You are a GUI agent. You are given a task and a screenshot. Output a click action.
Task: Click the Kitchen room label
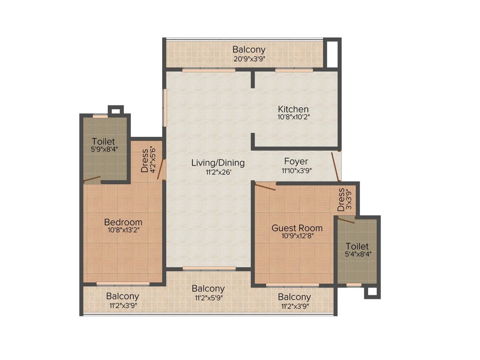(x=293, y=109)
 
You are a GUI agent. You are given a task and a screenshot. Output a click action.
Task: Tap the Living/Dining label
(x=218, y=163)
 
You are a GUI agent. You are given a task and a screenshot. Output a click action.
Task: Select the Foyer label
(x=296, y=161)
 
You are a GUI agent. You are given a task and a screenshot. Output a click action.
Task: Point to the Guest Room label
(x=297, y=228)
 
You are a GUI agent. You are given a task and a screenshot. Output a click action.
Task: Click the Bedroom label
(x=123, y=222)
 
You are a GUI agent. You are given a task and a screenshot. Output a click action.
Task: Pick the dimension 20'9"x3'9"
(x=249, y=58)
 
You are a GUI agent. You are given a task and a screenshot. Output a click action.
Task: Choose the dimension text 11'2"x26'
(x=218, y=172)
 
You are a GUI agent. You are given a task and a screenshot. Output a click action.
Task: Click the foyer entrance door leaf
(x=336, y=167)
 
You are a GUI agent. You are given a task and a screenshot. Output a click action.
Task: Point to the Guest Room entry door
(x=265, y=187)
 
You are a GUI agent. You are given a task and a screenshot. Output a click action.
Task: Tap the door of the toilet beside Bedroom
(x=92, y=179)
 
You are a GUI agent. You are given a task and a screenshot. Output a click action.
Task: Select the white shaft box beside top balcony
(x=332, y=53)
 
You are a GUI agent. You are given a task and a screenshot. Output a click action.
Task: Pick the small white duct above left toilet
(x=116, y=111)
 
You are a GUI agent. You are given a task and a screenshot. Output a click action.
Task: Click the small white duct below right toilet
(x=372, y=292)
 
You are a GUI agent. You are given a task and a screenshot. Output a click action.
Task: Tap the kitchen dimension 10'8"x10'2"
(x=293, y=117)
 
